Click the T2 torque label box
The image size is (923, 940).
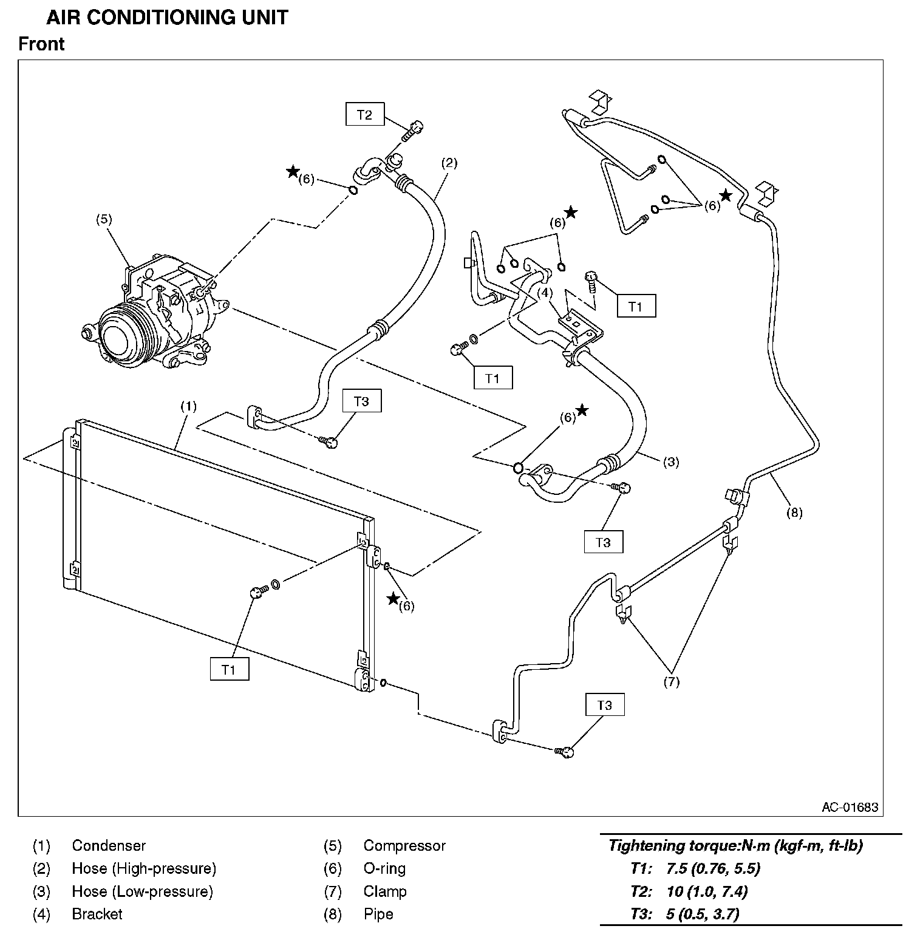(364, 114)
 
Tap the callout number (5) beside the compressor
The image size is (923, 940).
(104, 219)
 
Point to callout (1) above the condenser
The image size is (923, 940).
(188, 406)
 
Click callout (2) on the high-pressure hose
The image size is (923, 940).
(449, 163)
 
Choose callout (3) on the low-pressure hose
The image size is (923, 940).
(670, 461)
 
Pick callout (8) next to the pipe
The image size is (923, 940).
(794, 513)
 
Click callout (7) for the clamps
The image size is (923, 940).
(671, 681)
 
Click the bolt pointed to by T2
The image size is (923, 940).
(414, 129)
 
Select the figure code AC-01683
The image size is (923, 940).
(850, 807)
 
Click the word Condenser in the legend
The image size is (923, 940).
(109, 845)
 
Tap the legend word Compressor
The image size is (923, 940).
(404, 845)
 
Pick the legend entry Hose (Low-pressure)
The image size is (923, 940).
(142, 891)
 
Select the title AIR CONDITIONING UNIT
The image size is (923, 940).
(167, 18)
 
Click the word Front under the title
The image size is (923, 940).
(41, 44)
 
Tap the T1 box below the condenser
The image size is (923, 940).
(229, 669)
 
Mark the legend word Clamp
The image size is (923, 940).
(384, 891)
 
